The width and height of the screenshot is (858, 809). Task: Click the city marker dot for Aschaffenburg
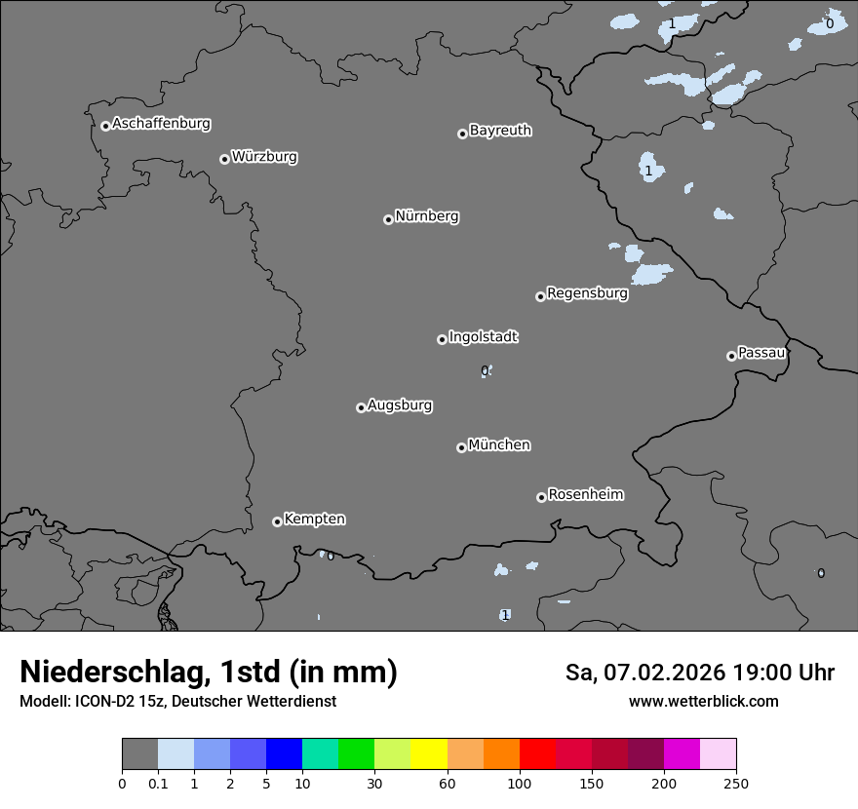click(105, 126)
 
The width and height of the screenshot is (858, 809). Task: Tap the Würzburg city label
click(264, 156)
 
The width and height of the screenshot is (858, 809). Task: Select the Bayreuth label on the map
click(500, 130)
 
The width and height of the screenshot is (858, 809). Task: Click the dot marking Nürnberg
click(388, 219)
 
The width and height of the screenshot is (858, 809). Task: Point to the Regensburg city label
click(587, 292)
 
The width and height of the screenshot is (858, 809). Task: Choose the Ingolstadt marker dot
click(442, 339)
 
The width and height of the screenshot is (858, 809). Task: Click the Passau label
click(761, 352)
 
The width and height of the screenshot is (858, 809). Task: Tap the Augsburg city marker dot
click(361, 407)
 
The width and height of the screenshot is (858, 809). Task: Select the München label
click(499, 444)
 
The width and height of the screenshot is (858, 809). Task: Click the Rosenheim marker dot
click(541, 498)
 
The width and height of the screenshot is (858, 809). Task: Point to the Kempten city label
click(314, 519)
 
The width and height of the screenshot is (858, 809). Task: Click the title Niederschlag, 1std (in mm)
click(209, 672)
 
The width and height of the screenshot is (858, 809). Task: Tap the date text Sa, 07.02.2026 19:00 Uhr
click(699, 673)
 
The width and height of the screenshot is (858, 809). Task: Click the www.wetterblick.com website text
click(703, 701)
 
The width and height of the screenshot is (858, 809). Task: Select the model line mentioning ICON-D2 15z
click(177, 701)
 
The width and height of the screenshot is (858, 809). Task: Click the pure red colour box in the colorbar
click(537, 754)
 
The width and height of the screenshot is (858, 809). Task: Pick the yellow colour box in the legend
click(429, 754)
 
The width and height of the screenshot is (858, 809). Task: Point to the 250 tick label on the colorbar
click(736, 783)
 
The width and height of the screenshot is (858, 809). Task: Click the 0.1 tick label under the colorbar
click(158, 783)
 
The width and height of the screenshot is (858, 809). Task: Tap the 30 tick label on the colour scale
click(374, 783)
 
